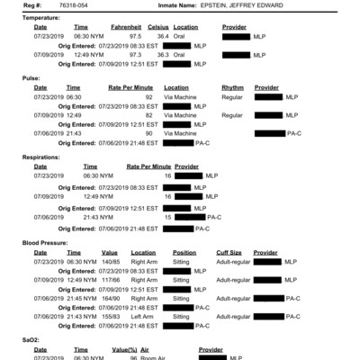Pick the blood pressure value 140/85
(112, 262)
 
